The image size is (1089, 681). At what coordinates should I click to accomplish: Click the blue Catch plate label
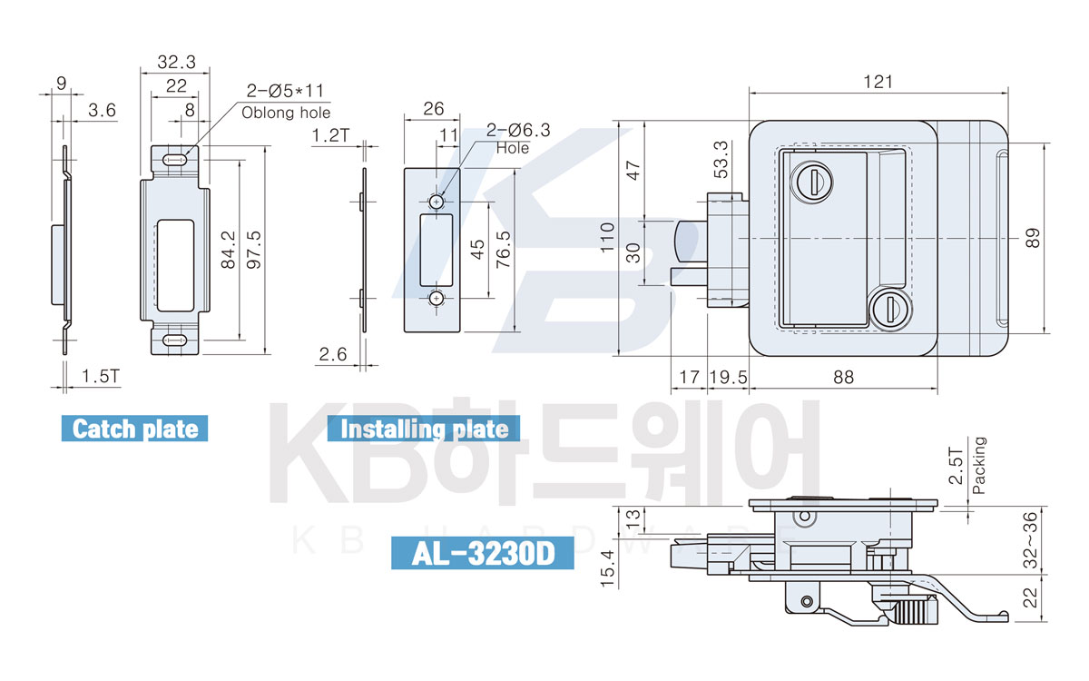click(134, 429)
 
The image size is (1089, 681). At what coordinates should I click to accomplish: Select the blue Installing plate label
click(424, 429)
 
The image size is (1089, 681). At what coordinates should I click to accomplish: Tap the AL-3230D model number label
click(482, 553)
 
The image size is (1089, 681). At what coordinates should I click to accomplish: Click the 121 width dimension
click(878, 82)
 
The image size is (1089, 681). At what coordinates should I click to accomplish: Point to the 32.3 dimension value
click(176, 62)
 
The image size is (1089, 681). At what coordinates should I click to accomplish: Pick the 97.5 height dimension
click(254, 250)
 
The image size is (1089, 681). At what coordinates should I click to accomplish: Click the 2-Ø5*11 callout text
click(285, 91)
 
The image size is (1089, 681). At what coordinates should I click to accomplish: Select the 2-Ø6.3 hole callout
click(518, 130)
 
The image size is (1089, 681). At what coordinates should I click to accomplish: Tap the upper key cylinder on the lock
click(811, 182)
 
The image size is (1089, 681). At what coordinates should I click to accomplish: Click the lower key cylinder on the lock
click(891, 310)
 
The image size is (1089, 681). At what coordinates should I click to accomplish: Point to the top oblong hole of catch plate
click(174, 160)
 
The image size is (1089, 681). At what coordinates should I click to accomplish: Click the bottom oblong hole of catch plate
click(174, 340)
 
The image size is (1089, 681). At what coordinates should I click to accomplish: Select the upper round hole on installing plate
click(437, 202)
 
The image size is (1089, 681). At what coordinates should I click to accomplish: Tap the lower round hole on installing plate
click(437, 298)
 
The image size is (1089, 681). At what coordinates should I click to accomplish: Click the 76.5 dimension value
click(503, 250)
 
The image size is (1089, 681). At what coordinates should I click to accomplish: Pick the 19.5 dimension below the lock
click(728, 377)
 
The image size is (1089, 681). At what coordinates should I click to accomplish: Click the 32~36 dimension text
click(1031, 540)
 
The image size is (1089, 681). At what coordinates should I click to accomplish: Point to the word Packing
click(979, 466)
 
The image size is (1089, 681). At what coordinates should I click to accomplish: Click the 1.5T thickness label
click(100, 376)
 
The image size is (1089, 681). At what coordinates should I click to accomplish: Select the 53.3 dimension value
click(721, 160)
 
